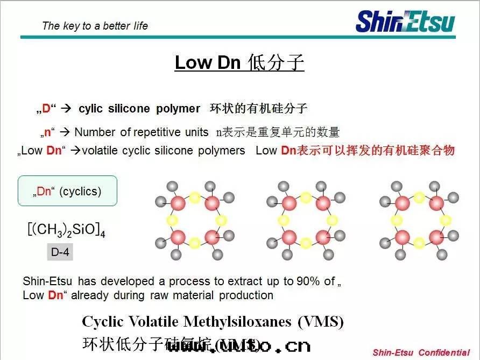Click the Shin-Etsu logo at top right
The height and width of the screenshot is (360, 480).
pos(405,22)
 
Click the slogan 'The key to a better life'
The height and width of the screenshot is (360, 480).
pos(95,26)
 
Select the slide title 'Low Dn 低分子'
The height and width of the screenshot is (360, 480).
pos(239,62)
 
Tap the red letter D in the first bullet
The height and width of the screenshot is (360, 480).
pos(46,109)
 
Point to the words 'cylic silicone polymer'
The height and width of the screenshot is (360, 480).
pos(139,109)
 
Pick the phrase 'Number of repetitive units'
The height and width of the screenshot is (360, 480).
pos(141,132)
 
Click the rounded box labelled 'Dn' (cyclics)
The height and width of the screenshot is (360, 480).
pos(68,191)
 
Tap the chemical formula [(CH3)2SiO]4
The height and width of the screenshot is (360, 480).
pos(66,230)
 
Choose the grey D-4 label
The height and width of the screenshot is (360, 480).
pos(60,252)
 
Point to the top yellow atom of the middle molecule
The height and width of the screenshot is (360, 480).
pos(306,197)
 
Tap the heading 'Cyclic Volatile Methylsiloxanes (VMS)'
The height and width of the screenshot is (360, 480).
pos(213,322)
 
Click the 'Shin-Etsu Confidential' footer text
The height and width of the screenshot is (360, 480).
pos(421,353)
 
